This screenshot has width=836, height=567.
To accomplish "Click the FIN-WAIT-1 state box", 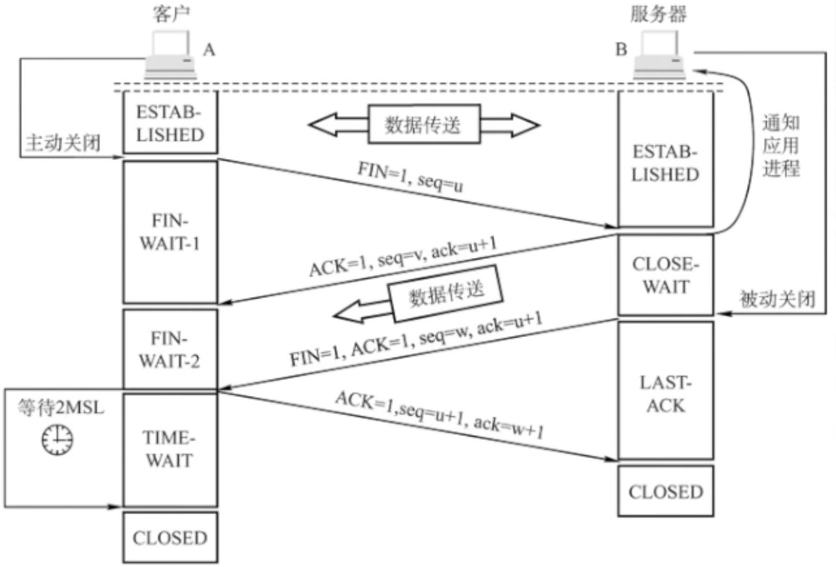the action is click(x=170, y=232).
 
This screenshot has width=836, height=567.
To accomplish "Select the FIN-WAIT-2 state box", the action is click(x=170, y=349).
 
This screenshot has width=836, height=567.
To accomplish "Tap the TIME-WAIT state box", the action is click(x=170, y=450).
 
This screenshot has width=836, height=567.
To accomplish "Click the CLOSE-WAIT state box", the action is click(x=666, y=275).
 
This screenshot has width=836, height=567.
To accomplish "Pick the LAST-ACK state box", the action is click(x=666, y=391).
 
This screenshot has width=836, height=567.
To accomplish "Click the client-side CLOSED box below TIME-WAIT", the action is click(x=170, y=538).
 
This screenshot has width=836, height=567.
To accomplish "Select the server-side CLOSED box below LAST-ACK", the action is click(x=666, y=491).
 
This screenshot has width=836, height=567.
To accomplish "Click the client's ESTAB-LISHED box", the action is click(x=170, y=122).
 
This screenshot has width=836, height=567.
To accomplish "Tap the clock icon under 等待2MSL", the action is click(x=57, y=439).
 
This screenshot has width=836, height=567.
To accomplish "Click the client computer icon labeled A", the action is click(x=170, y=55).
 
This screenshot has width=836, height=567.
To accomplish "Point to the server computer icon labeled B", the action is click(x=659, y=55).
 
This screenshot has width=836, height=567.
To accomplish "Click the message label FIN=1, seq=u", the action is click(x=411, y=176).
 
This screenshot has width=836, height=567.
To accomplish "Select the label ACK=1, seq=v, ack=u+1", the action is click(x=403, y=257).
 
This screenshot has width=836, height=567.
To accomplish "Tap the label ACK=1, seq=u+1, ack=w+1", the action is click(x=440, y=415).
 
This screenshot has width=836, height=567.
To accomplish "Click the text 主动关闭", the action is click(x=63, y=143).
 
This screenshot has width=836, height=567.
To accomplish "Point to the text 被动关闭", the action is click(x=777, y=299).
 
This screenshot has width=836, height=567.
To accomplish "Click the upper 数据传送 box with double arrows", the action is click(x=424, y=124).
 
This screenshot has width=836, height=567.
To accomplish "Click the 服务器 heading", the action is click(x=658, y=14).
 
